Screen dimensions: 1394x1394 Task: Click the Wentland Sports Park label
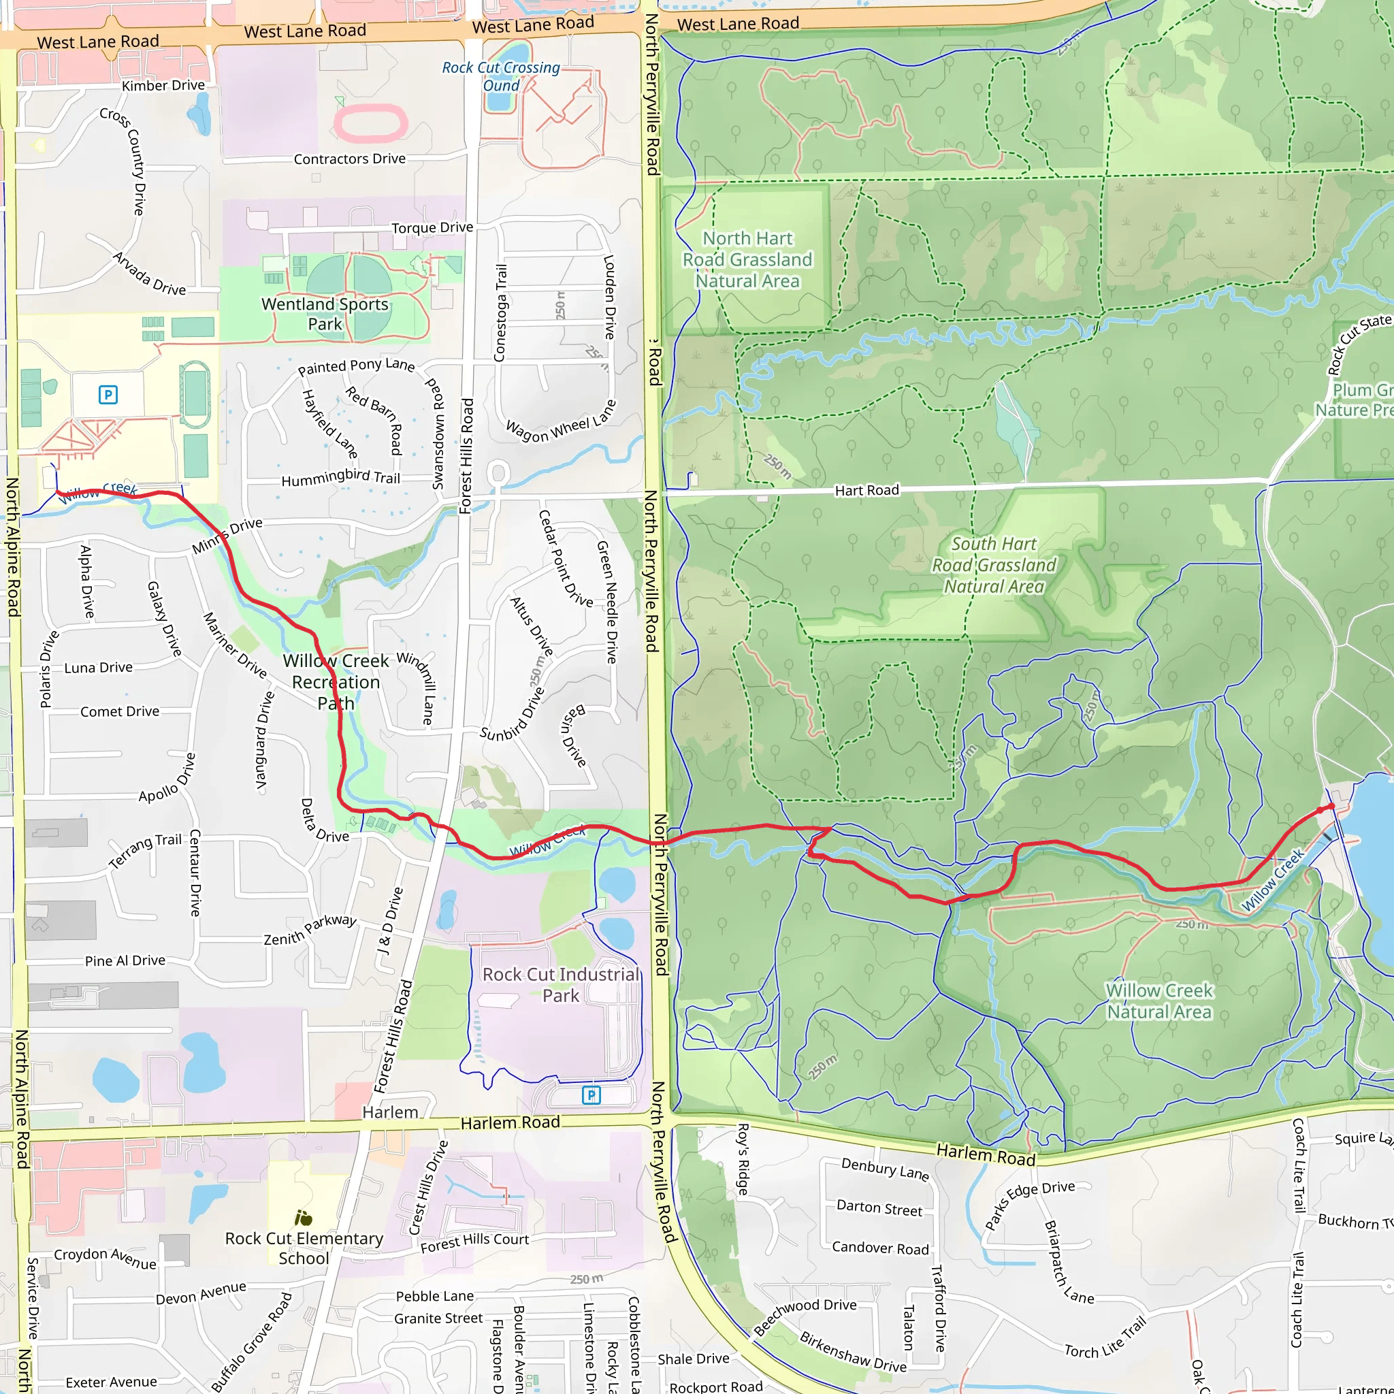point(325,314)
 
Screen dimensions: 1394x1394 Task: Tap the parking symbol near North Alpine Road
point(108,395)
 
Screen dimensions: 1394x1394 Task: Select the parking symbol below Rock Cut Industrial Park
point(591,1095)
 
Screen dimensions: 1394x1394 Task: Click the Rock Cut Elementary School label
point(304,1248)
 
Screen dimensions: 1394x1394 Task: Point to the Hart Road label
point(866,491)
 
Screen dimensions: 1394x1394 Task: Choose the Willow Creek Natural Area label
point(1158,1001)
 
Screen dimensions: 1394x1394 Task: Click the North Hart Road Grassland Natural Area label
point(747,260)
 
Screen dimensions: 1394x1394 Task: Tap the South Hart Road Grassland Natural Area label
point(994,565)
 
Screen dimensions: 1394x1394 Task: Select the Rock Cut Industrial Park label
point(561,985)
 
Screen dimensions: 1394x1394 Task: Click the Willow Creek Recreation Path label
point(336,682)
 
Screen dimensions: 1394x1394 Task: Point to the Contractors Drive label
point(349,159)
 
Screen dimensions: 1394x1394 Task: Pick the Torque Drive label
point(432,228)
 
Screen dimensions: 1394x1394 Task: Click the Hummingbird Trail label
point(340,478)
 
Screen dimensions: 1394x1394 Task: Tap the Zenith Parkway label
point(310,930)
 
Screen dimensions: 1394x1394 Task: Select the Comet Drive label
point(120,711)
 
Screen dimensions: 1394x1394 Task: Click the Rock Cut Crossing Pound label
point(501,76)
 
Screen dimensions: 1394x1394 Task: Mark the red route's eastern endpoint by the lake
point(1332,806)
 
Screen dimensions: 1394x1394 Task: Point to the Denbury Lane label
point(885,1169)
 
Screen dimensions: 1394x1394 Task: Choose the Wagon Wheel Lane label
point(562,421)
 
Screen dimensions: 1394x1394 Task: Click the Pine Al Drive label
point(125,960)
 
